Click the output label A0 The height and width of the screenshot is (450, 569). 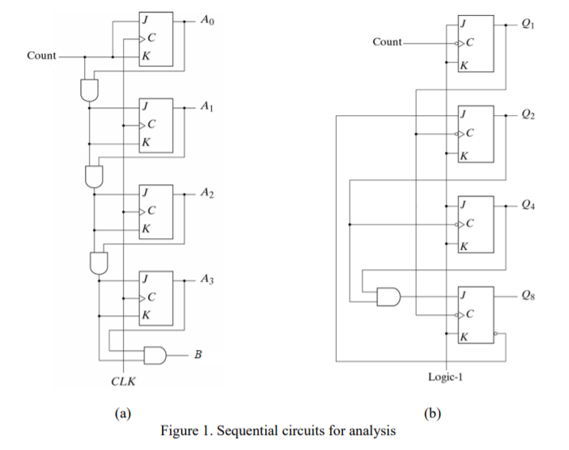207,22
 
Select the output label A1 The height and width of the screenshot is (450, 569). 207,106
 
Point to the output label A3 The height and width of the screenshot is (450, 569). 207,279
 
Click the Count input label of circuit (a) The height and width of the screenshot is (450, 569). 41,56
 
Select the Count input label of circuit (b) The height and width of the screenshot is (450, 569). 386,41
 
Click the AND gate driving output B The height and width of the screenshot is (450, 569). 155,354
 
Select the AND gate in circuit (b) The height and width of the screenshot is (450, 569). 387,297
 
